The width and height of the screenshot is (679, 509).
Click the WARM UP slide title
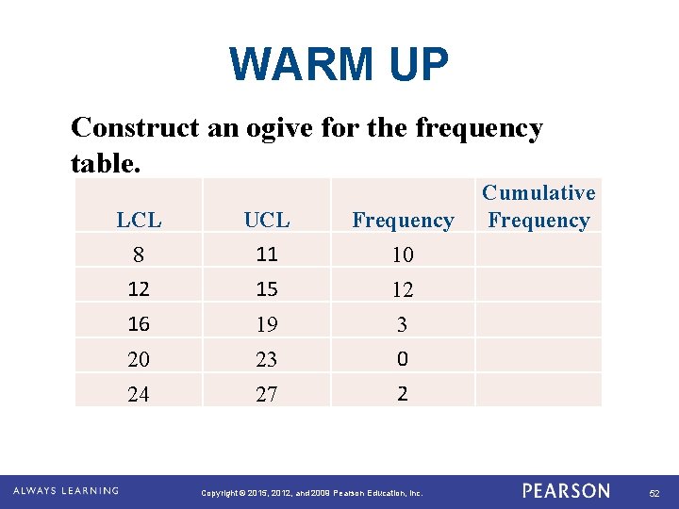coord(339,65)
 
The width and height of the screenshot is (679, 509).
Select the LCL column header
coord(139,221)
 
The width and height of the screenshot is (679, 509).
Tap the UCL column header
coord(267,221)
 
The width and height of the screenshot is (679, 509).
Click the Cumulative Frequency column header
coord(538,206)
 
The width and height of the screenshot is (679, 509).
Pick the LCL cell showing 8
coord(139,254)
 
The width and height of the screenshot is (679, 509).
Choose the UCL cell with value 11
coord(267,254)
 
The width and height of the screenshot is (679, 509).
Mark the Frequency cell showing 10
coord(403,254)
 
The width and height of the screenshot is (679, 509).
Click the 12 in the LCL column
coord(139,289)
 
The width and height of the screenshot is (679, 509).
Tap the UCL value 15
coord(267,289)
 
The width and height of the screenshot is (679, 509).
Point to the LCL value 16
coord(139,324)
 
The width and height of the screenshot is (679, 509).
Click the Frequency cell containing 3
coord(403,325)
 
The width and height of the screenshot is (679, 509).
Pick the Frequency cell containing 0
coord(403,359)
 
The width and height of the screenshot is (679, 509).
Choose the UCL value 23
coord(267,360)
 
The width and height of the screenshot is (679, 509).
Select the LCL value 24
coord(139,395)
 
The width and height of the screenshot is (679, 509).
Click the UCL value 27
coord(267,395)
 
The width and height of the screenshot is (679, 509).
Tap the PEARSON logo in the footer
coord(566,491)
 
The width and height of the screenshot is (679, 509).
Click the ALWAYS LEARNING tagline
coord(66,491)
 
